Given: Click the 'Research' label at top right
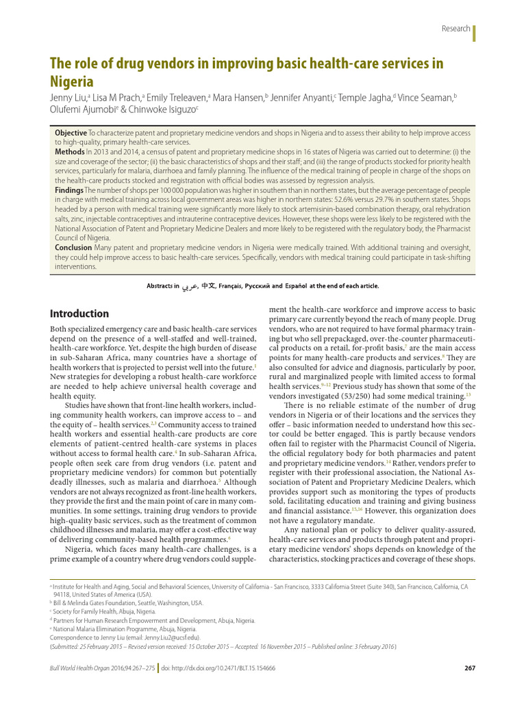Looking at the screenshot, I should (456, 29).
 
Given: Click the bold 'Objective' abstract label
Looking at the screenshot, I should (71, 131).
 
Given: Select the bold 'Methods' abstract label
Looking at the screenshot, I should (69, 150).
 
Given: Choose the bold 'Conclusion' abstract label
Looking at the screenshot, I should (73, 247).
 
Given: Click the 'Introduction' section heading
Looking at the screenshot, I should (79, 314).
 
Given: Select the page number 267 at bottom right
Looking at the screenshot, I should (469, 668).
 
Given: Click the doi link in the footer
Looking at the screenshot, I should (218, 668).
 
